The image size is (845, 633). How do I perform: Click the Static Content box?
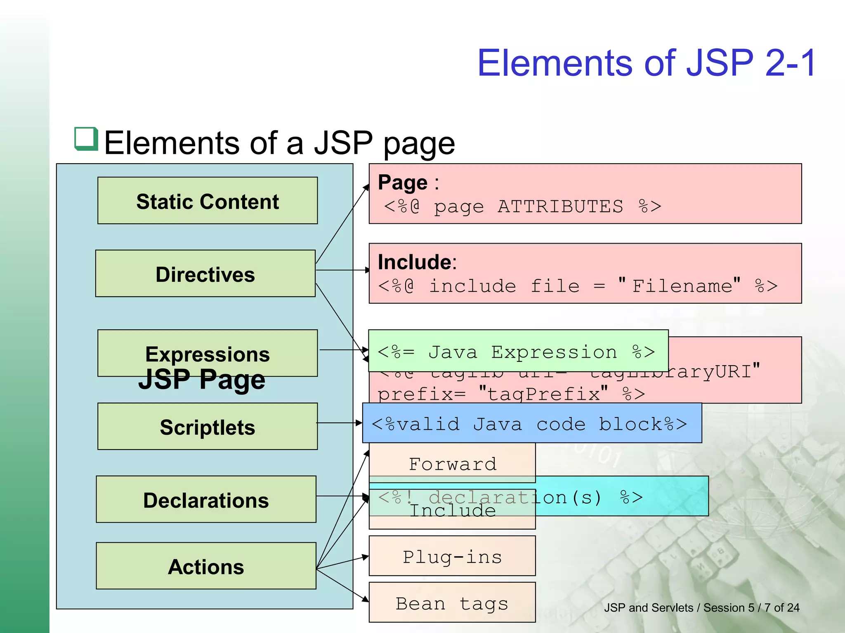[x=208, y=201]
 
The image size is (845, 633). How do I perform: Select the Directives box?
[x=205, y=274]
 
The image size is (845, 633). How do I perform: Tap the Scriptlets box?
[x=208, y=427]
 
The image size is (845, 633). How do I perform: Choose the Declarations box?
[x=206, y=499]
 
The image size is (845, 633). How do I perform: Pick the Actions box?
[x=206, y=566]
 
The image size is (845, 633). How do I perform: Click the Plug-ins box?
[x=452, y=556]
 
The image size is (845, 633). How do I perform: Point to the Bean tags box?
[x=452, y=603]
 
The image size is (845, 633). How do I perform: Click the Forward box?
[x=452, y=463]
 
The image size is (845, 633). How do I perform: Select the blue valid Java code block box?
[x=532, y=423]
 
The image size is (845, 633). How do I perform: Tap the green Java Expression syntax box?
[x=518, y=352]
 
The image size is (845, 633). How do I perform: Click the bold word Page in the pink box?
[x=403, y=183]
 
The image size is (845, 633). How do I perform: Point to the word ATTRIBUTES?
[x=560, y=206]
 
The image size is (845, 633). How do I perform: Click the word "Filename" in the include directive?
[x=682, y=286]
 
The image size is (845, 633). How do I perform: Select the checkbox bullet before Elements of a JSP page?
[x=86, y=139]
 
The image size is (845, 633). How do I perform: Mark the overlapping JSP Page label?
[x=202, y=380]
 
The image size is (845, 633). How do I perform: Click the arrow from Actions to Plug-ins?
[x=342, y=563]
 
